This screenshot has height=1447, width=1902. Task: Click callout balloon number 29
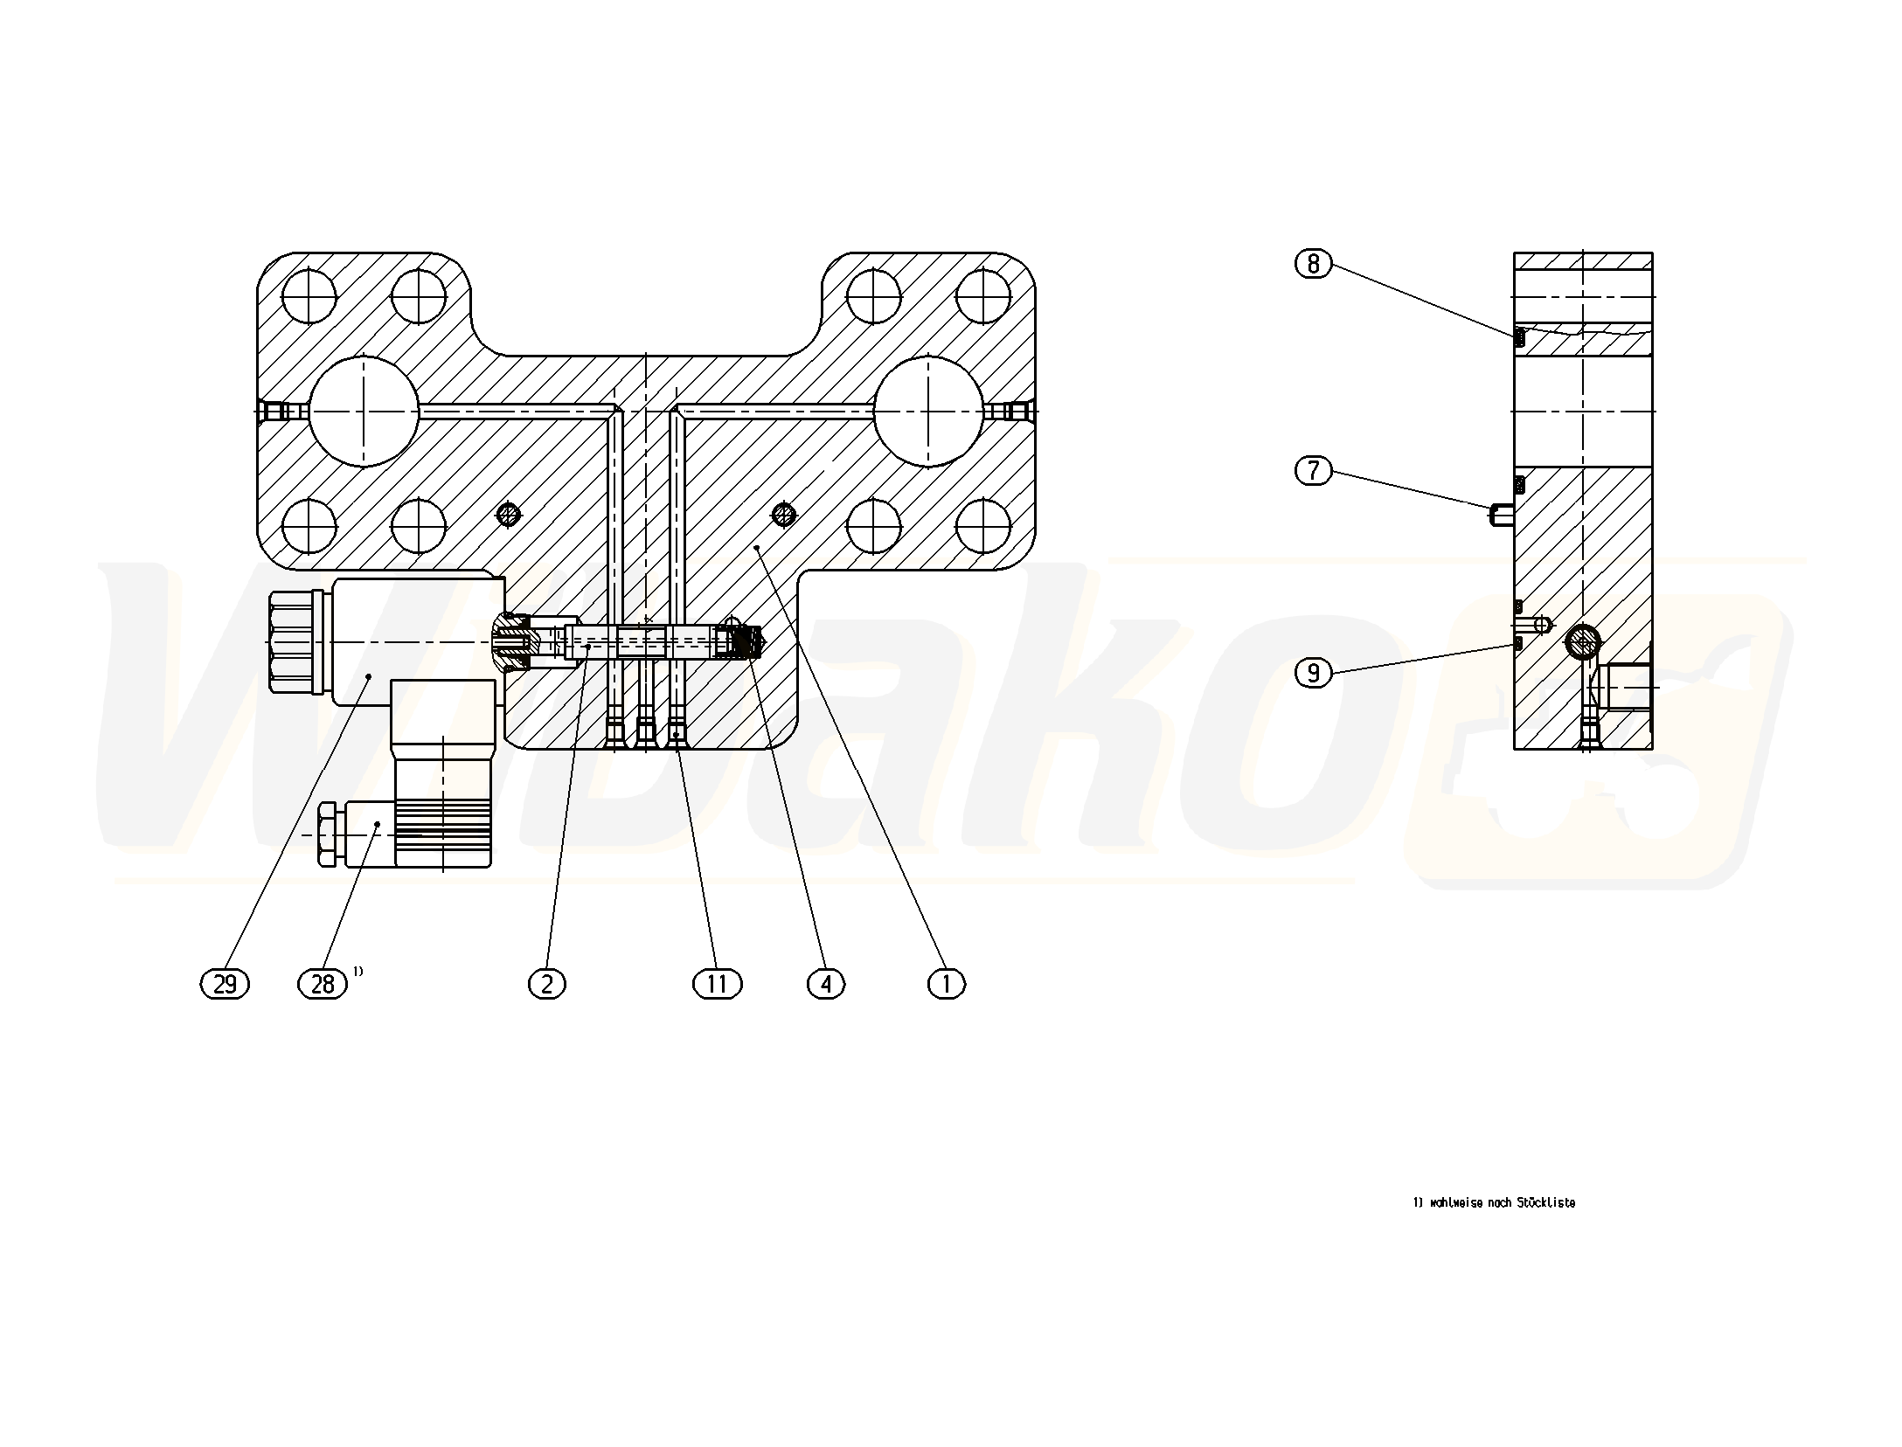[225, 984]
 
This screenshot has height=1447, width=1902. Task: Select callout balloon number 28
[323, 984]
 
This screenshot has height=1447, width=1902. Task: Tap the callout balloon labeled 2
[547, 984]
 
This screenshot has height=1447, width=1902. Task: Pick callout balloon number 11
[717, 984]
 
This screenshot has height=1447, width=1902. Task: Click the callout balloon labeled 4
[826, 984]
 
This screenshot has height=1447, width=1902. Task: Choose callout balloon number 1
[946, 984]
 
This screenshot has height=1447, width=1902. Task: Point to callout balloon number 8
[1313, 263]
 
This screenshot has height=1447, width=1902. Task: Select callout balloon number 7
[1313, 471]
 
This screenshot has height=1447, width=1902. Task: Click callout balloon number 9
[1313, 673]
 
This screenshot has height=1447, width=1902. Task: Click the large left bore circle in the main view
[364, 410]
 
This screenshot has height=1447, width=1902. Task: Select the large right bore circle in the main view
[928, 410]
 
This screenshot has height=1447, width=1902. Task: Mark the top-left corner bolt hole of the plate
[309, 296]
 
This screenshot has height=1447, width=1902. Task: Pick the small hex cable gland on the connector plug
[328, 834]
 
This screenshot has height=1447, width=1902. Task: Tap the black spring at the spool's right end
[745, 644]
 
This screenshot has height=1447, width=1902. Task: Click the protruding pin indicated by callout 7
[1502, 515]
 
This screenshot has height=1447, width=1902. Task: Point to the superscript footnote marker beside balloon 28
[358, 971]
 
